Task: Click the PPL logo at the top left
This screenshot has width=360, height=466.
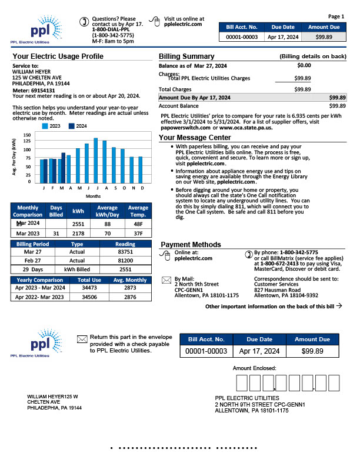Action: (x=35, y=29)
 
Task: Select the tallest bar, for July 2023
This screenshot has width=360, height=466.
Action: (x=95, y=160)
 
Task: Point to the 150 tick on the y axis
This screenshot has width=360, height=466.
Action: (x=27, y=135)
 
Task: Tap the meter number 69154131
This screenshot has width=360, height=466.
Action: (x=44, y=90)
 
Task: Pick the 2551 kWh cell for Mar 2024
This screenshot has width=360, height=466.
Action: (x=78, y=224)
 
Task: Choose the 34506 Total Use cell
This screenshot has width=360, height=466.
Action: (x=89, y=298)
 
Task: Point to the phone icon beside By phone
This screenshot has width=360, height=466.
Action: (x=248, y=254)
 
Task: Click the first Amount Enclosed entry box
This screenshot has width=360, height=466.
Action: (x=242, y=383)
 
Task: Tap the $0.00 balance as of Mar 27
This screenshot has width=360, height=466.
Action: (x=304, y=65)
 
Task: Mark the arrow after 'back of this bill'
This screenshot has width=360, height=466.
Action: (x=339, y=307)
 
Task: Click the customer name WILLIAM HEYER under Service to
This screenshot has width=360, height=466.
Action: (x=32, y=71)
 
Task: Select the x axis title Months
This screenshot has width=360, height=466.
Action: (x=94, y=195)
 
